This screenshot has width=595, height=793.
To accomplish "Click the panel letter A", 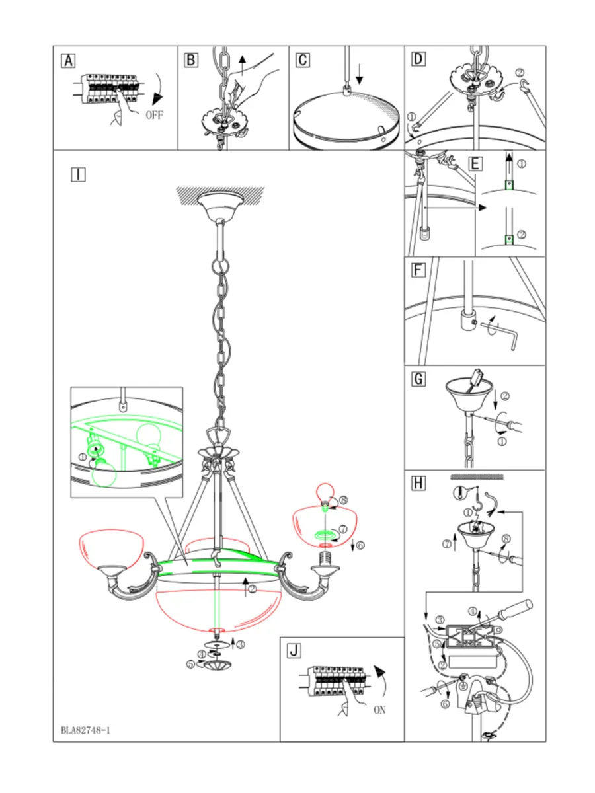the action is pyautogui.click(x=68, y=61).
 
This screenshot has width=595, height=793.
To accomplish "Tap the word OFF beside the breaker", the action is pyautogui.click(x=155, y=115).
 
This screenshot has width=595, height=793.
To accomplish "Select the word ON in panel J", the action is pyautogui.click(x=379, y=710).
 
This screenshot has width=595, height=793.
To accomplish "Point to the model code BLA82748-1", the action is pyautogui.click(x=85, y=730).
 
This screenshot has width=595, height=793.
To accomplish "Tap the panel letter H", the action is pyautogui.click(x=418, y=483).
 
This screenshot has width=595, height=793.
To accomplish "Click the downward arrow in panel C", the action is pyautogui.click(x=359, y=75).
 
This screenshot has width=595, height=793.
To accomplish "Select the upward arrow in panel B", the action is pyautogui.click(x=243, y=65).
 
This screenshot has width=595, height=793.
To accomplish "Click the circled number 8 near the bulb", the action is pyautogui.click(x=344, y=500).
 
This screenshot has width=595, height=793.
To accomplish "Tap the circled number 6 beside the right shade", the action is pyautogui.click(x=360, y=545).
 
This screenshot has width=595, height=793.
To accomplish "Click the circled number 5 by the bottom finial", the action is pyautogui.click(x=191, y=664).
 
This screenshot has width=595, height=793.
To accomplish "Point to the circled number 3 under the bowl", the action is pyautogui.click(x=241, y=644).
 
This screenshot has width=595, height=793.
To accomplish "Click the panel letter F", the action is pyautogui.click(x=418, y=270).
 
